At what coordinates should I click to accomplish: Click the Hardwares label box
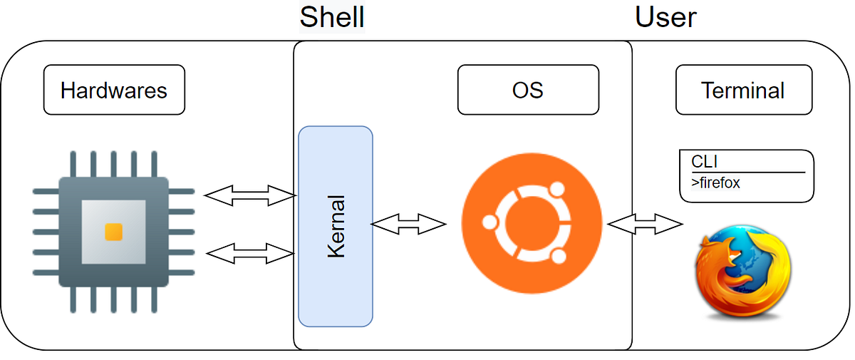click(114, 91)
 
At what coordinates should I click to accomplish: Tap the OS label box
click(528, 91)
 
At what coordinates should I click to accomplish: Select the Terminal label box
click(743, 91)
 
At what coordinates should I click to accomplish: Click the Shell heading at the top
click(331, 16)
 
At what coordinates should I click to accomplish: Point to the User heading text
click(665, 16)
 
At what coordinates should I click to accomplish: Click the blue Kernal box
click(335, 225)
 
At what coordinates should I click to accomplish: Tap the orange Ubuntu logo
click(532, 222)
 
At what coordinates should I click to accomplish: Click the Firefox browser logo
click(742, 272)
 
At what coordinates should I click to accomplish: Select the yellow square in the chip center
click(113, 232)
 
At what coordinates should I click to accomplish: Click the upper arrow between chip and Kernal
click(249, 193)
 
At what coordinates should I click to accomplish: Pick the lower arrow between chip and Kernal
click(249, 252)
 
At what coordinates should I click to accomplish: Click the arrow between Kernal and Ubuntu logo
click(408, 224)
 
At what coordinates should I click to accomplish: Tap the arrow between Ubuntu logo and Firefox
click(644, 224)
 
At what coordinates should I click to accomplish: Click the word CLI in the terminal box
click(703, 162)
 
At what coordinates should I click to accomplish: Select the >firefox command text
click(715, 183)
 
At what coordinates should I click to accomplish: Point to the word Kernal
click(336, 225)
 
